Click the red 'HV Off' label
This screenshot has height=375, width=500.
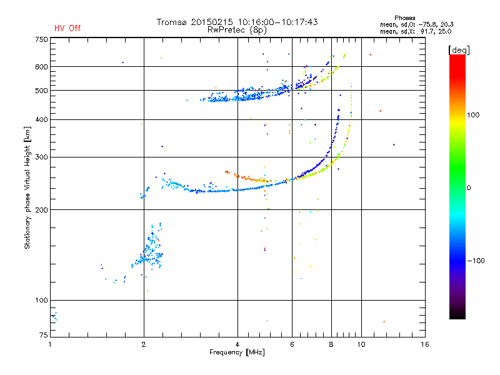click(67, 28)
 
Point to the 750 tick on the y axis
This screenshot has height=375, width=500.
click(41, 39)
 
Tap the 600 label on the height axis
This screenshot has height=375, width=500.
click(41, 67)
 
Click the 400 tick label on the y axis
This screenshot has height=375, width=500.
click(41, 119)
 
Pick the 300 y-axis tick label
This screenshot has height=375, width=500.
click(41, 157)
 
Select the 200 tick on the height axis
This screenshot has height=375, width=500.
click(41, 209)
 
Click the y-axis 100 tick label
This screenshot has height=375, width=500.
click(41, 300)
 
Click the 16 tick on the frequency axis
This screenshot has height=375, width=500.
click(424, 344)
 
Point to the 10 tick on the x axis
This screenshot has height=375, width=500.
click(361, 344)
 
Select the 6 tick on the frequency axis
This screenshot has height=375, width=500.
click(292, 344)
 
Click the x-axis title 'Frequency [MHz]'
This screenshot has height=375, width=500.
click(237, 352)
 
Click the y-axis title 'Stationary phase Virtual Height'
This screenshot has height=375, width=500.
click(27, 187)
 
